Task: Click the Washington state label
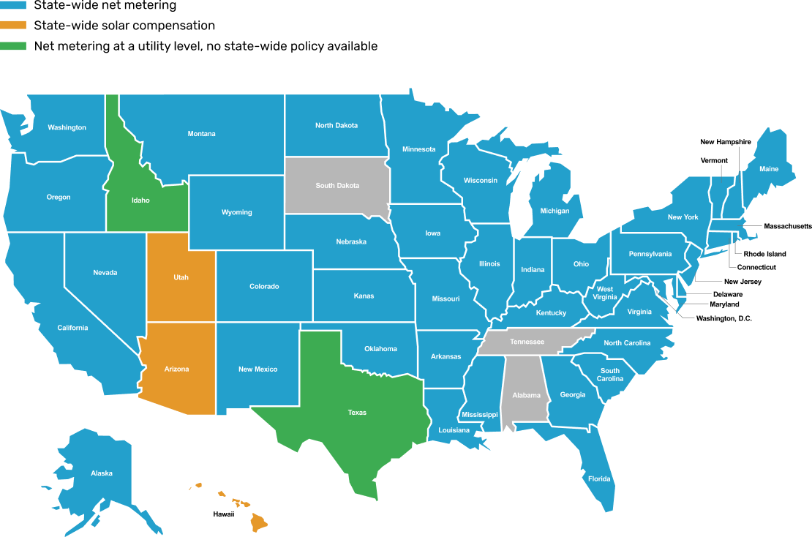(67, 128)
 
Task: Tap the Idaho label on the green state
(140, 200)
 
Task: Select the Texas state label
(357, 413)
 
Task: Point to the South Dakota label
(337, 186)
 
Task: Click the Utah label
(181, 277)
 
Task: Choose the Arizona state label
(176, 369)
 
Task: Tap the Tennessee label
(527, 342)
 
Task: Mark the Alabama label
(526, 396)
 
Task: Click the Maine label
(769, 169)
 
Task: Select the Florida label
(599, 479)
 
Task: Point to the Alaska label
(102, 473)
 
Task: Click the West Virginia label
(605, 293)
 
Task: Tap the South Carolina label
(610, 375)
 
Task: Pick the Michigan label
(555, 211)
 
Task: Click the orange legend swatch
(13, 25)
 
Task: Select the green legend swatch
(13, 46)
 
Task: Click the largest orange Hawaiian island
(259, 522)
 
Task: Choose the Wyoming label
(236, 213)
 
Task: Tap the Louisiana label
(454, 430)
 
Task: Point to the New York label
(683, 217)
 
